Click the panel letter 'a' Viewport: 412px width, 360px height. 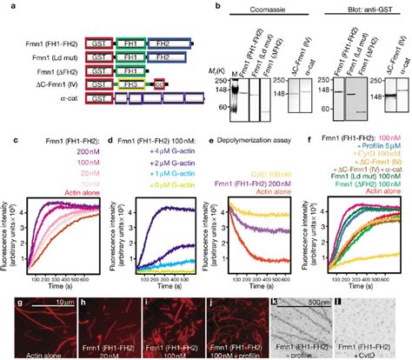[x=5, y=5]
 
